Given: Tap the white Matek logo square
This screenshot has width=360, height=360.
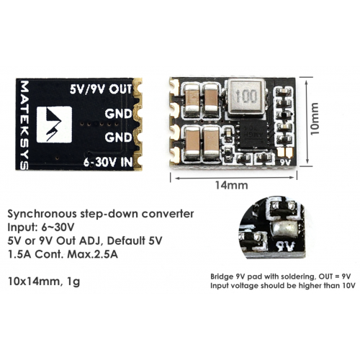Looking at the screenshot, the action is click(x=54, y=125).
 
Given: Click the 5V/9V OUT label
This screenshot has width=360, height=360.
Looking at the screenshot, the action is click(x=101, y=89).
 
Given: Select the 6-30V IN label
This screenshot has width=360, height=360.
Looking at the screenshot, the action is click(x=108, y=163).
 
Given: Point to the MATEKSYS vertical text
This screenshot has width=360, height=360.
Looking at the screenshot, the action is click(x=24, y=125).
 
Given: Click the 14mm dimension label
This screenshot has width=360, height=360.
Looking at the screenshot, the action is click(x=231, y=185).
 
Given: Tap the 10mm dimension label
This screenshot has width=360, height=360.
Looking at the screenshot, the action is click(x=315, y=119).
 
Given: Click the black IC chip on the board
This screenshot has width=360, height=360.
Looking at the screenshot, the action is click(x=252, y=135).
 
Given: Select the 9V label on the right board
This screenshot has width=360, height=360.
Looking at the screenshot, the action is click(x=286, y=163).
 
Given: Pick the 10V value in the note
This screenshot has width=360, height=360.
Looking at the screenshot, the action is click(x=348, y=286).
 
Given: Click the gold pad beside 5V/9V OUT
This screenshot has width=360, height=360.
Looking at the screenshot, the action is click(x=138, y=88).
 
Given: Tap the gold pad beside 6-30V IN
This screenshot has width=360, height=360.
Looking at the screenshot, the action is click(x=138, y=163).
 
